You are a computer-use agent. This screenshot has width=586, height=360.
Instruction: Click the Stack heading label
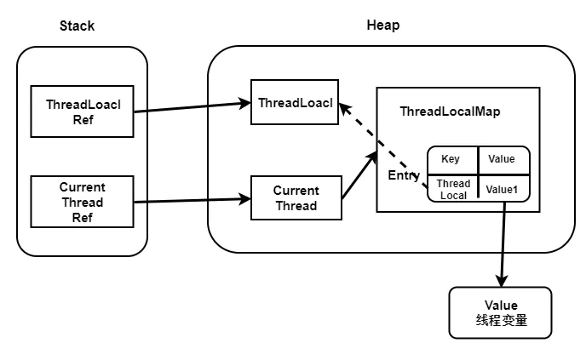(77, 26)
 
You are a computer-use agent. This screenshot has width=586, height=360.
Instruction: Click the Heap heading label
(382, 26)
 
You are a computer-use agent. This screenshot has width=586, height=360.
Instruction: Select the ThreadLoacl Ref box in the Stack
(82, 111)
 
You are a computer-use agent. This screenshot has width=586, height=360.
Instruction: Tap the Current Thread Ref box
(82, 202)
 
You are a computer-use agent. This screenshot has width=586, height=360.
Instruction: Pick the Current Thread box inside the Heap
(296, 197)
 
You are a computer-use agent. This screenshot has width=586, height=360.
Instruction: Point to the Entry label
(404, 175)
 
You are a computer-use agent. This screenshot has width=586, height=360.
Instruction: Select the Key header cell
(451, 160)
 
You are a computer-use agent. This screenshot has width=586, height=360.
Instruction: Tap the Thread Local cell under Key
(452, 188)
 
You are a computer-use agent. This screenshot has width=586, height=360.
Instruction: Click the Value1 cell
(502, 189)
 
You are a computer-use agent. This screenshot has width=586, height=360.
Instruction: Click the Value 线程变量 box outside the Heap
(500, 312)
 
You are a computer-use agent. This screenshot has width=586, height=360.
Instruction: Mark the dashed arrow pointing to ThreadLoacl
(383, 146)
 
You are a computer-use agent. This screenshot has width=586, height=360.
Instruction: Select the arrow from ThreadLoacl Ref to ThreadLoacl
(192, 107)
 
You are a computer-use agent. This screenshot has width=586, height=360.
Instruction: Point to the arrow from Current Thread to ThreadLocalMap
(359, 175)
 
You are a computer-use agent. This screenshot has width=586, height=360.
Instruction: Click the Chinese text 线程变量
(500, 321)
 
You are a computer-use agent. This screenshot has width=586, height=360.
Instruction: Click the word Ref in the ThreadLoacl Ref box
(82, 119)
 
